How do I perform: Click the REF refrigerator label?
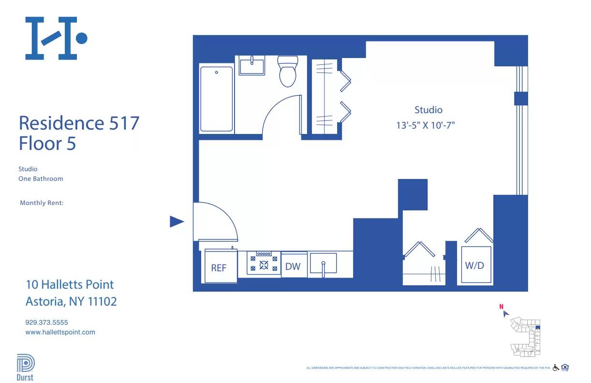219,267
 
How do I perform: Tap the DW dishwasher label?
293,266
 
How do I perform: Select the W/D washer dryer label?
474,265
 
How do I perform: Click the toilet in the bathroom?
288,72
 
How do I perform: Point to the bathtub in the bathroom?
217,99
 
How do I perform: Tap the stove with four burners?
264,264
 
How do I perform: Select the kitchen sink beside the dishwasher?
323,264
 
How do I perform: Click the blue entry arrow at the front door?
177,221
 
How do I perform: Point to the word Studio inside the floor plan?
428,110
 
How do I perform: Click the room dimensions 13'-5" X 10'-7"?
426,125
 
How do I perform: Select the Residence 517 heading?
79,123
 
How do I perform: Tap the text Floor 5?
47,144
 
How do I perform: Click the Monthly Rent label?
42,203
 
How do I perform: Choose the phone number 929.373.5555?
46,322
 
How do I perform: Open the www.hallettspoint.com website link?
60,332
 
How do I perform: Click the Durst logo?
25,368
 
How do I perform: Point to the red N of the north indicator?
502,306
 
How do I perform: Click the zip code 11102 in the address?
102,302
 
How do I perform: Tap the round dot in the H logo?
82,38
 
